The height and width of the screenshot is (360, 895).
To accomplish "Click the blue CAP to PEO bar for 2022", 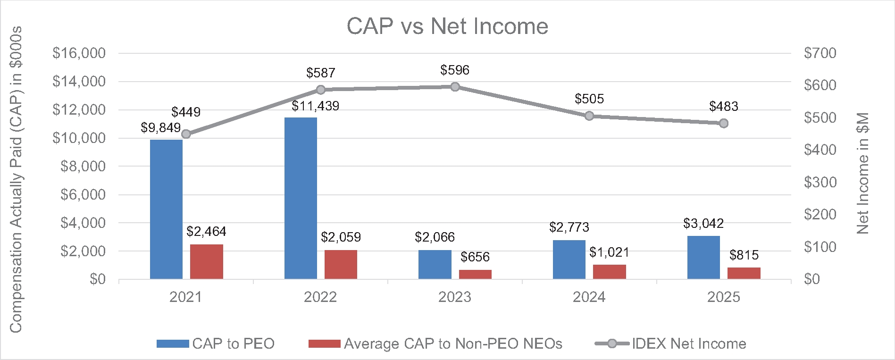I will (301, 198).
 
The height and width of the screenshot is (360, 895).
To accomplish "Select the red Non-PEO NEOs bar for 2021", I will (206, 261).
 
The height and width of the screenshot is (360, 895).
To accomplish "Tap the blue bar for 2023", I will (435, 264).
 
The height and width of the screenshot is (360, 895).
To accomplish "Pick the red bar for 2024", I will (609, 272).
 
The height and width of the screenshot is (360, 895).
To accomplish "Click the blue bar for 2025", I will (703, 257).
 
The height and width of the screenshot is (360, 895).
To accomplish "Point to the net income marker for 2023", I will (455, 87).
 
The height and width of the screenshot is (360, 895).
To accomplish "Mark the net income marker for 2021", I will (186, 134).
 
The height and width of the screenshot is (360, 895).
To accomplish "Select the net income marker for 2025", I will (724, 123).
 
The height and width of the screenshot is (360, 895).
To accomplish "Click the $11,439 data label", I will (315, 106).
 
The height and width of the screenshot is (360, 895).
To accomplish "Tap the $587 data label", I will (321, 73).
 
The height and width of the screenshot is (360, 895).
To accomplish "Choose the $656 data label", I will (475, 257).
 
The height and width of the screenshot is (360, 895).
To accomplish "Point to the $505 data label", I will (589, 99).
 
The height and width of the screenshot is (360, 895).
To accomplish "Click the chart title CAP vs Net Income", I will (447, 26).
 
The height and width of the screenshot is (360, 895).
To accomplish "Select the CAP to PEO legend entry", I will (216, 343).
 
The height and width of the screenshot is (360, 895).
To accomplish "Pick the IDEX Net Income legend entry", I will (670, 343).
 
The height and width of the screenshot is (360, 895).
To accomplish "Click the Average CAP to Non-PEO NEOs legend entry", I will (435, 343).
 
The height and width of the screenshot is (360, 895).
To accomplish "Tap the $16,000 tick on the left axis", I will (79, 53).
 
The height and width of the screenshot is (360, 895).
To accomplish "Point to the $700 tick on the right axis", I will (820, 53).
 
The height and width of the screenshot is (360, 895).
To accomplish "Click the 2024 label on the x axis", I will (589, 297).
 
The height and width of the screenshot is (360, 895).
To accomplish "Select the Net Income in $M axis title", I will (863, 173).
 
